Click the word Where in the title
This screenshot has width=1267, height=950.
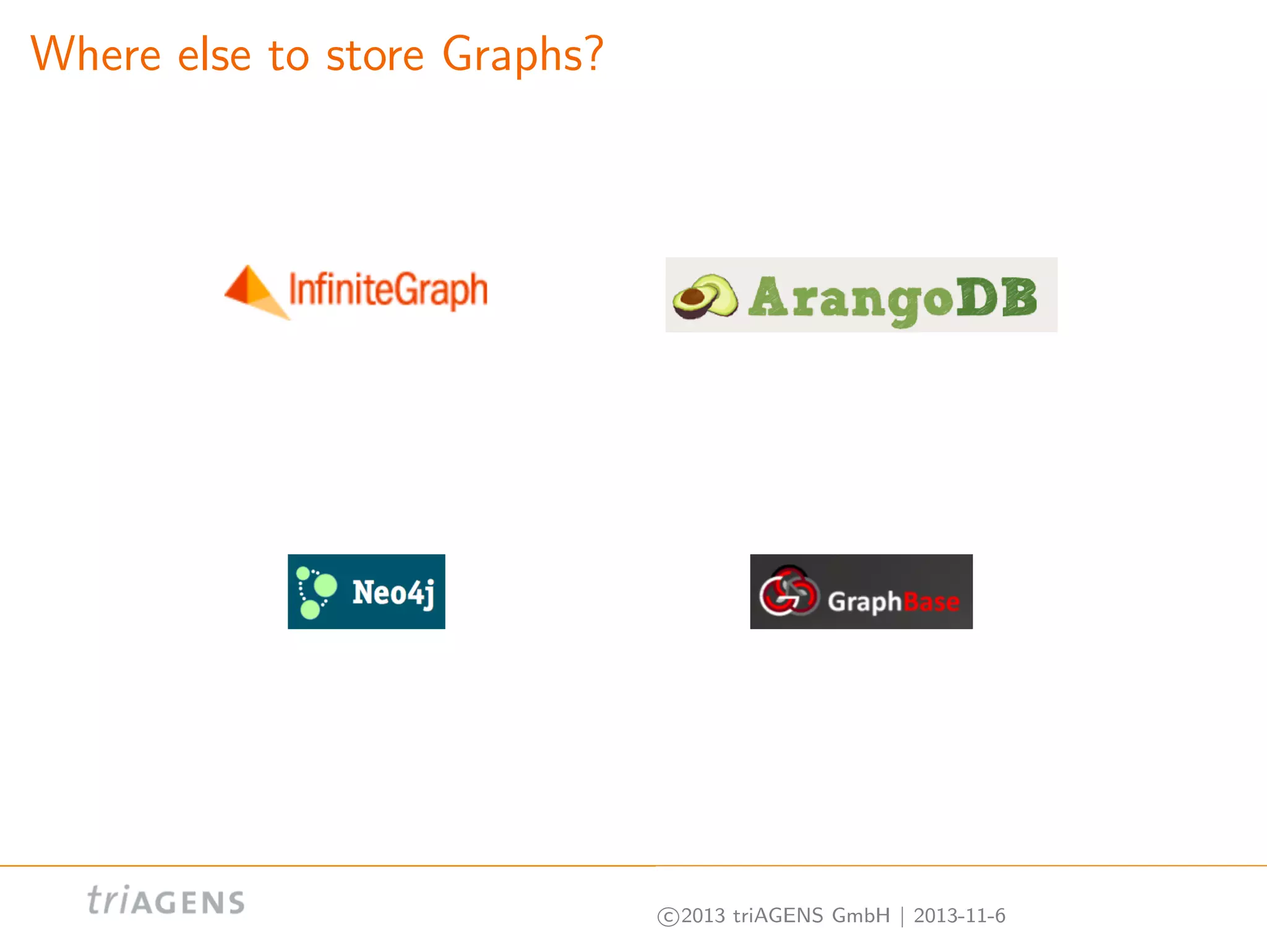tap(96, 54)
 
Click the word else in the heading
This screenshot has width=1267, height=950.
tap(214, 54)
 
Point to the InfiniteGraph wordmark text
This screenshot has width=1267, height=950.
tap(389, 291)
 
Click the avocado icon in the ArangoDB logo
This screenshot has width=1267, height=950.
tap(705, 297)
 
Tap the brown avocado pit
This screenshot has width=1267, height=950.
tap(692, 297)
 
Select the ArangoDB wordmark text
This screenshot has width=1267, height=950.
tap(893, 298)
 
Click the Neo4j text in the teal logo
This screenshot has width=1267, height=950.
tap(393, 593)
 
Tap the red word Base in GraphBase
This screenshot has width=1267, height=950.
tap(932, 601)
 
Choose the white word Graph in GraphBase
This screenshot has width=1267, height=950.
tap(865, 601)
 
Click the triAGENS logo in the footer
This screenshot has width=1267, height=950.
tap(166, 901)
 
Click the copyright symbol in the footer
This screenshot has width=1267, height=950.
tap(668, 916)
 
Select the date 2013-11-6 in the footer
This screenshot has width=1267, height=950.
tap(960, 915)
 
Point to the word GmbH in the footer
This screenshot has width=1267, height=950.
tap(861, 915)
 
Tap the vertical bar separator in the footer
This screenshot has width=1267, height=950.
tap(902, 916)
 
